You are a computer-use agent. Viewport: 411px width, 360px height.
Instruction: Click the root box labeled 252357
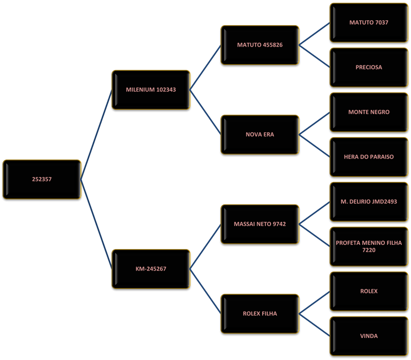42,179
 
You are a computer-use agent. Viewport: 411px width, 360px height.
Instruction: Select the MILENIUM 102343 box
151,90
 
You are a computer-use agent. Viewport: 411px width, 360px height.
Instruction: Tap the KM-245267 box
151,269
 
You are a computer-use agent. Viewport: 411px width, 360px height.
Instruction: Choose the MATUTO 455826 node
260,45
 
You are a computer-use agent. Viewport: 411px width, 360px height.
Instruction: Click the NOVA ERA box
260,134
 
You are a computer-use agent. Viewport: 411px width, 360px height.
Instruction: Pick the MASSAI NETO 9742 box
260,224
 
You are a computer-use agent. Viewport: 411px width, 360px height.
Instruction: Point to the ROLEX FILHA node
260,313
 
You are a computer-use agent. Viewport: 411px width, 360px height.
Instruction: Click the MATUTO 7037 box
369,23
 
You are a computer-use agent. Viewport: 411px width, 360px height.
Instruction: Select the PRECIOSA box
369,67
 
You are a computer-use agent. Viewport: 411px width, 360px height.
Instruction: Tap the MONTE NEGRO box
369,112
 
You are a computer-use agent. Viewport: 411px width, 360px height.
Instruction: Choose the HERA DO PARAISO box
369,157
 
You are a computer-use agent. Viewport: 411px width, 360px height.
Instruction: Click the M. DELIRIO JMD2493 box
369,202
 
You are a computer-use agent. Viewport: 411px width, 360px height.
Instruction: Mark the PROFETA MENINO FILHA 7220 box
369,246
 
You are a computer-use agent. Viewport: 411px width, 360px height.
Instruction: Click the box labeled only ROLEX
369,291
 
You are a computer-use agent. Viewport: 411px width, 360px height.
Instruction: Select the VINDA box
369,336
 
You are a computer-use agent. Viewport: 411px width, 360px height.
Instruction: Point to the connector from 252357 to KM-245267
96,224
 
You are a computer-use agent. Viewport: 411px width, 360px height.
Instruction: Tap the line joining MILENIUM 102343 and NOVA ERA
205,112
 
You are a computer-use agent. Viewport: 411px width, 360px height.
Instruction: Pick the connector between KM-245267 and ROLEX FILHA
205,291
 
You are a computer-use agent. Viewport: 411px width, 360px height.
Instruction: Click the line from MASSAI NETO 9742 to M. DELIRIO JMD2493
315,213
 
